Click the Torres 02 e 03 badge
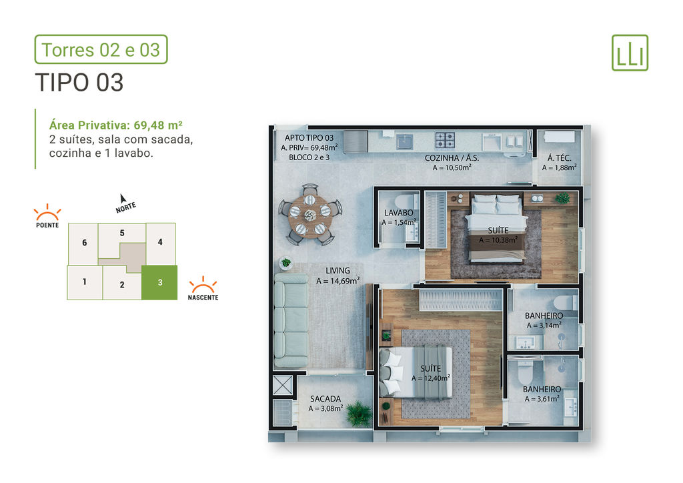pyautogui.click(x=101, y=49)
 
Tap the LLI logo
pyautogui.click(x=630, y=53)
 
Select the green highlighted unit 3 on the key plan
pyautogui.click(x=159, y=282)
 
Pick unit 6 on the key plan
pyautogui.click(x=83, y=243)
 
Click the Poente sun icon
pyautogui.click(x=47, y=211)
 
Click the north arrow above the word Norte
pyautogui.click(x=123, y=198)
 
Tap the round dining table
pyautogui.click(x=310, y=215)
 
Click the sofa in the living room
pyautogui.click(x=291, y=320)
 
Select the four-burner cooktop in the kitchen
pyautogui.click(x=445, y=141)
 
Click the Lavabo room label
pyautogui.click(x=398, y=213)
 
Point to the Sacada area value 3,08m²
pyautogui.click(x=325, y=408)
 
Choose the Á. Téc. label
pyautogui.click(x=560, y=158)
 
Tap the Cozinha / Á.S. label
pyautogui.click(x=452, y=158)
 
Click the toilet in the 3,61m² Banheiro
pyautogui.click(x=526, y=372)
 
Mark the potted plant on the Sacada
pyautogui.click(x=359, y=414)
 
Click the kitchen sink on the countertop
pyautogui.click(x=405, y=142)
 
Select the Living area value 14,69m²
pyautogui.click(x=337, y=282)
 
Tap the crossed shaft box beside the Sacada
pyautogui.click(x=282, y=385)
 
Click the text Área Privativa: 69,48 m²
pyautogui.click(x=115, y=125)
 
